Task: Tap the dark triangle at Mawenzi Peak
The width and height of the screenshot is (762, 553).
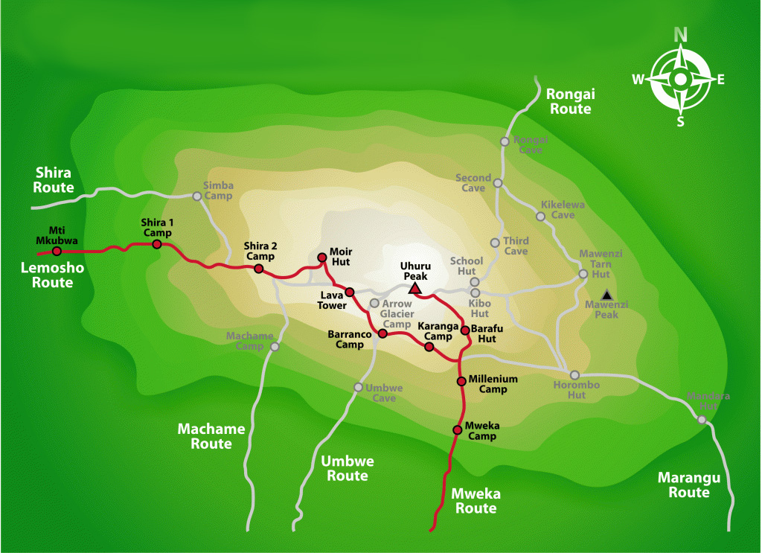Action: pos(607,295)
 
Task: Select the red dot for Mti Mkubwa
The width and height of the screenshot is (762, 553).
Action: pos(57,251)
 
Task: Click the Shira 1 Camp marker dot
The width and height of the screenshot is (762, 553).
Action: pos(157,243)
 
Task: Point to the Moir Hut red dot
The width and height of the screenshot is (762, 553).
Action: pos(322,258)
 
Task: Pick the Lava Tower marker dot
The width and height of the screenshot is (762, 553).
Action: pos(349,292)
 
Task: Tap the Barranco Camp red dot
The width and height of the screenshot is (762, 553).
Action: pos(382,333)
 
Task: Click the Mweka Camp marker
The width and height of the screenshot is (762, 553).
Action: pos(458,429)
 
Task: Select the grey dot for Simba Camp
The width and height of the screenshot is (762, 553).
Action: pos(197,196)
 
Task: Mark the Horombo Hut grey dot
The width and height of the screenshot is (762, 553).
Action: pos(574,374)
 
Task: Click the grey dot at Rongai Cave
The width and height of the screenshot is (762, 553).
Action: pos(505,141)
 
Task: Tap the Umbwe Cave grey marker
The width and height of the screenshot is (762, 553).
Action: pos(358,387)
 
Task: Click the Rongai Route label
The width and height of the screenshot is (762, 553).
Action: pos(569,101)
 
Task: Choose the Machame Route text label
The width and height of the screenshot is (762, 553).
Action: pos(205,436)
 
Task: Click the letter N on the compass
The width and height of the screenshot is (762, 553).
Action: pos(680,33)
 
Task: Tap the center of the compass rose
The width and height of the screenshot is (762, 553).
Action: pos(680,79)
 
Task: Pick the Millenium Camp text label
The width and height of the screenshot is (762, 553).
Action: pos(492,384)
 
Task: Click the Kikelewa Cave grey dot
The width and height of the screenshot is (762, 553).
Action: pos(541,217)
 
